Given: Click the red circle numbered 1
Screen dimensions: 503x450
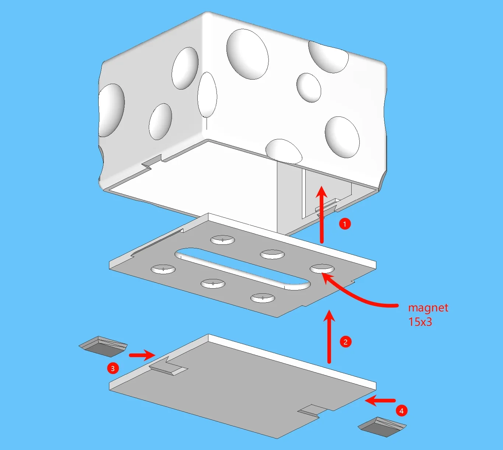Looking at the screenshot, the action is click(x=345, y=224).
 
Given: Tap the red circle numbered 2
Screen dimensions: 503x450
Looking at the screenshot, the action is click(x=345, y=342).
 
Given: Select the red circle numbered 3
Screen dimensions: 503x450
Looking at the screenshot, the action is click(x=113, y=368).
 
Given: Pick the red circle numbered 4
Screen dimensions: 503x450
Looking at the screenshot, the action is click(x=401, y=411).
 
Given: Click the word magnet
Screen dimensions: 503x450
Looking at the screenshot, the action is click(x=428, y=308).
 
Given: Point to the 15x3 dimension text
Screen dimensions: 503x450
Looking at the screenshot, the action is click(x=420, y=322).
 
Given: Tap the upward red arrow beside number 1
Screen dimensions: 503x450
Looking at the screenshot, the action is click(x=321, y=214).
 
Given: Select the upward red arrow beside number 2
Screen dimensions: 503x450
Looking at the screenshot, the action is click(x=329, y=337).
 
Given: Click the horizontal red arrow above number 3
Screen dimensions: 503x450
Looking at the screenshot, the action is click(x=141, y=355).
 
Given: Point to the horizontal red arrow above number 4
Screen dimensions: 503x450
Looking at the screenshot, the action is click(x=380, y=401).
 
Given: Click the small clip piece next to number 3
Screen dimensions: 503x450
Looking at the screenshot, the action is click(x=103, y=346).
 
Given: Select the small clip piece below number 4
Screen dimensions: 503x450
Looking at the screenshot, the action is click(x=382, y=427).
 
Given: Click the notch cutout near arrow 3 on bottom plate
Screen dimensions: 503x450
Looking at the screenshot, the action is click(x=168, y=367).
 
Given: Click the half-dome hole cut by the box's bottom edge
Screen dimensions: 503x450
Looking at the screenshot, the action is click(x=284, y=151).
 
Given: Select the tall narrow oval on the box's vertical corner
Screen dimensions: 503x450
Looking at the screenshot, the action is click(x=207, y=94).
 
